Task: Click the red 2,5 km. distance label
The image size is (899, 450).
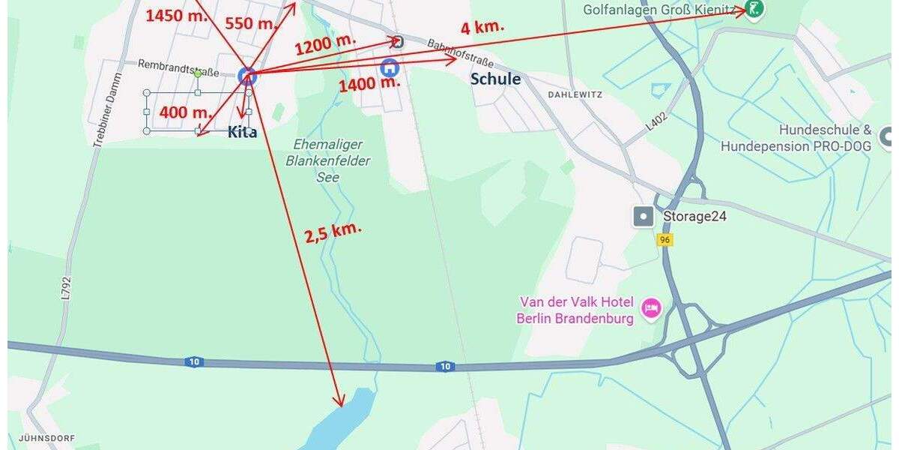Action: [x=333, y=232]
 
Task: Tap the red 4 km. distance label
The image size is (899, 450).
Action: [x=482, y=27]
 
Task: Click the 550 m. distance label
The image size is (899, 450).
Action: [x=251, y=22]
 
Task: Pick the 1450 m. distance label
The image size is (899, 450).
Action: [x=176, y=15]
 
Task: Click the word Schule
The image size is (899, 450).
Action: [x=495, y=79]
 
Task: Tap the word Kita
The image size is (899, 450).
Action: [x=242, y=132]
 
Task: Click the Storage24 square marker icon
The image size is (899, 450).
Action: [x=644, y=217]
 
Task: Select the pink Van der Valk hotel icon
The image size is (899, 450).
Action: [x=652, y=308]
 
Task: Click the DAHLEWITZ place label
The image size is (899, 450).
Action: [x=575, y=95]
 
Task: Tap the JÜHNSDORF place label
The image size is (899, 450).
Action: [x=37, y=437]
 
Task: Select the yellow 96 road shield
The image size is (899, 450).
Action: [x=664, y=240]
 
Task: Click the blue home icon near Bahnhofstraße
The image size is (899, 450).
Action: [x=390, y=67]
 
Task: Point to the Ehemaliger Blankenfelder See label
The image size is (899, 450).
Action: [x=328, y=160]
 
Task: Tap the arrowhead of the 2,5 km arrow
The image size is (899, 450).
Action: [x=341, y=403]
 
